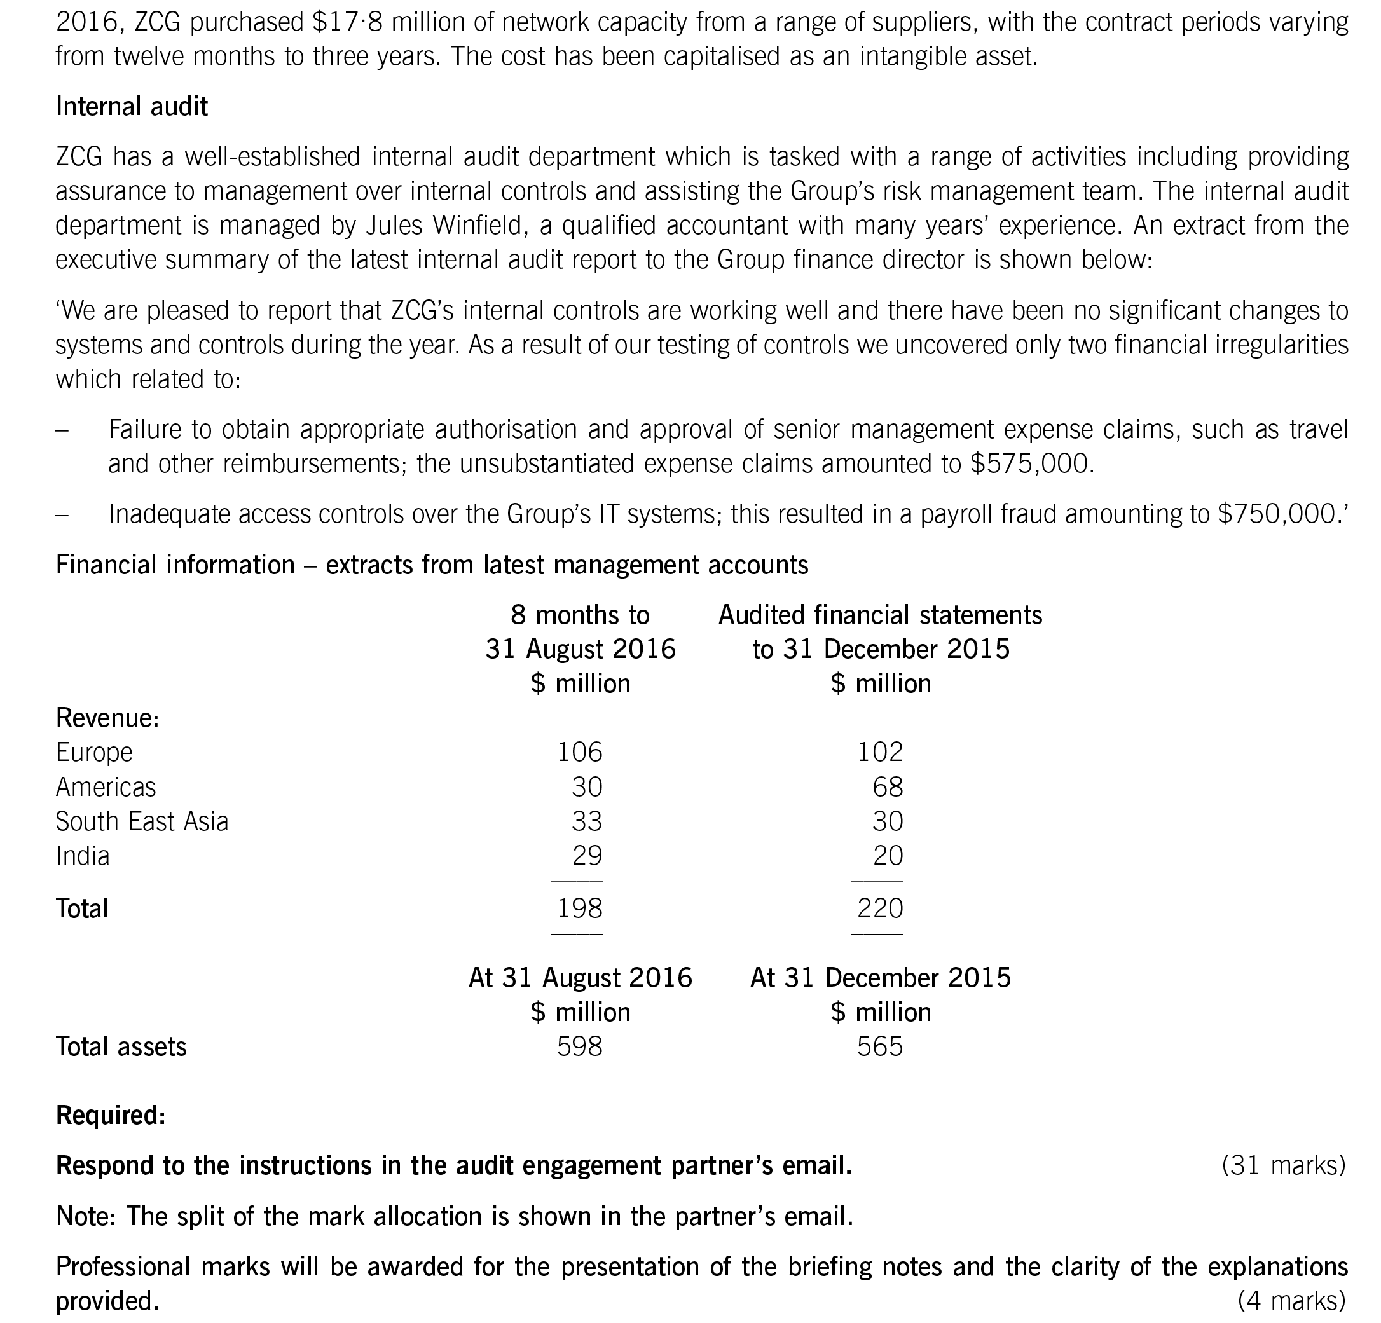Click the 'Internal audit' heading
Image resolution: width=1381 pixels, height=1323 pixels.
(x=132, y=106)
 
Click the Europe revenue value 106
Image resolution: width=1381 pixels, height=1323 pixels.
(x=579, y=751)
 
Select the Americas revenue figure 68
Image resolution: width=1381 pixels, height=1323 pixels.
(x=887, y=786)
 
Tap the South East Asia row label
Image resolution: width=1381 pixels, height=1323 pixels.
(x=142, y=821)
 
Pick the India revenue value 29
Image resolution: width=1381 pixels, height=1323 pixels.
(x=587, y=855)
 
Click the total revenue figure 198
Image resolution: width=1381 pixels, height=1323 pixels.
(x=579, y=908)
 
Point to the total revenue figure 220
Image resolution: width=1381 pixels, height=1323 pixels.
(x=879, y=908)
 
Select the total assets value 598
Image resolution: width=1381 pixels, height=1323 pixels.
(x=579, y=1046)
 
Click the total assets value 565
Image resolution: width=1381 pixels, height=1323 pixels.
(x=879, y=1046)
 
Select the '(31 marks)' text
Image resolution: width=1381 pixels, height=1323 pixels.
(x=1283, y=1166)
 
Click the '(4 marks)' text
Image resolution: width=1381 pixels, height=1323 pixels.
(x=1291, y=1301)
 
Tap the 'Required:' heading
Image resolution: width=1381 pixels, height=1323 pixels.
(x=111, y=1115)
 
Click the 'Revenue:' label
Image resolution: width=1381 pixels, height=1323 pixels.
(x=107, y=718)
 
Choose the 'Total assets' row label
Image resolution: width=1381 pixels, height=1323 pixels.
(x=121, y=1046)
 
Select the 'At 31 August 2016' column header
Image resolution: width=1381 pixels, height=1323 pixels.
(x=580, y=978)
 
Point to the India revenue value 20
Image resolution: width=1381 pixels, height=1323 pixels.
(x=887, y=855)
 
